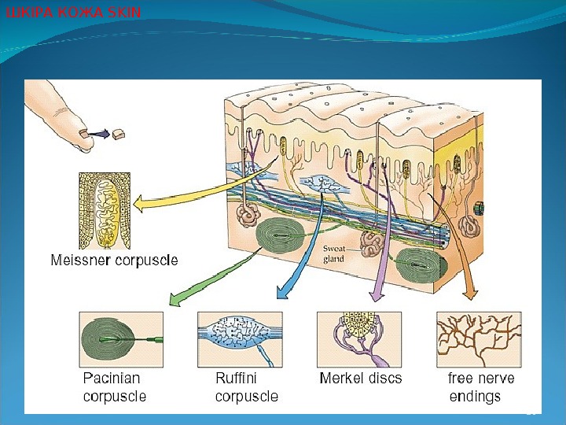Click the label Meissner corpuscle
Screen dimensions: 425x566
115,259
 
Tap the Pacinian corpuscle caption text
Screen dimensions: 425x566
115,387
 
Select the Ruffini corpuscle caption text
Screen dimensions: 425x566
246,387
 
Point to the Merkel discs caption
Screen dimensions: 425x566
360,379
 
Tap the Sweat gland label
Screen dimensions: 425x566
334,253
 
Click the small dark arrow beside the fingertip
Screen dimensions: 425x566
99,135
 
